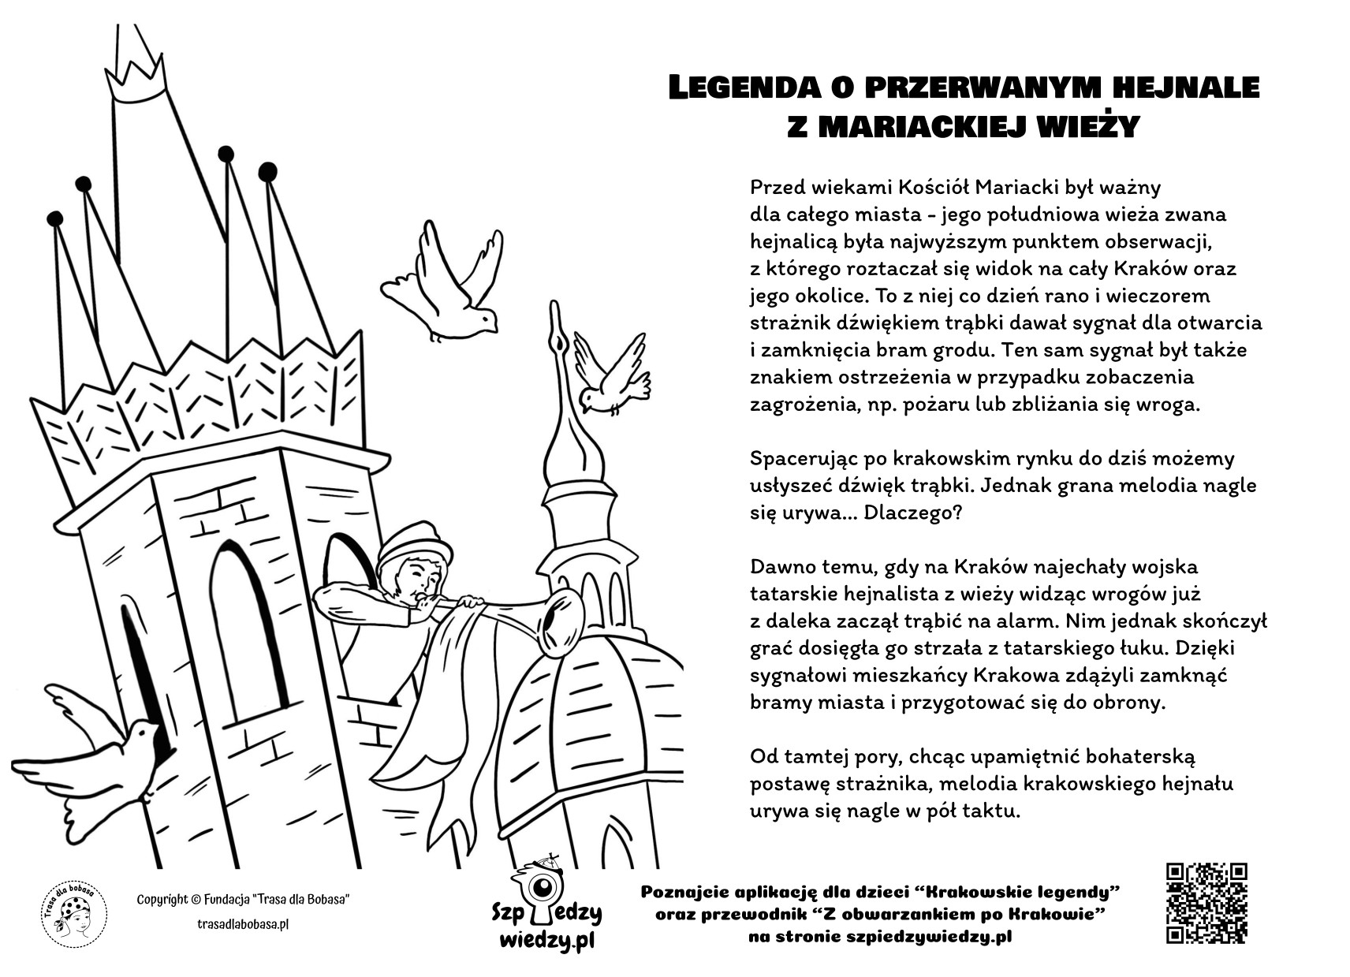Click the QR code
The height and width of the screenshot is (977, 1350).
pyautogui.click(x=1206, y=903)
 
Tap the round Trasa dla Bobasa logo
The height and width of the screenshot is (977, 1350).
pyautogui.click(x=74, y=915)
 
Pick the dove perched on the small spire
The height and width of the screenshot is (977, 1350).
pyautogui.click(x=612, y=378)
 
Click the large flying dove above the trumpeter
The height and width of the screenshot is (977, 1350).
pyautogui.click(x=446, y=284)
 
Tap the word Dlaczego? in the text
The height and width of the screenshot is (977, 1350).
pyautogui.click(x=912, y=513)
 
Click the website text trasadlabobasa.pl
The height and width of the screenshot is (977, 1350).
pyautogui.click(x=242, y=923)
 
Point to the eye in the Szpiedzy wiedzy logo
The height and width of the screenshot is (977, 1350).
pyautogui.click(x=543, y=889)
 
